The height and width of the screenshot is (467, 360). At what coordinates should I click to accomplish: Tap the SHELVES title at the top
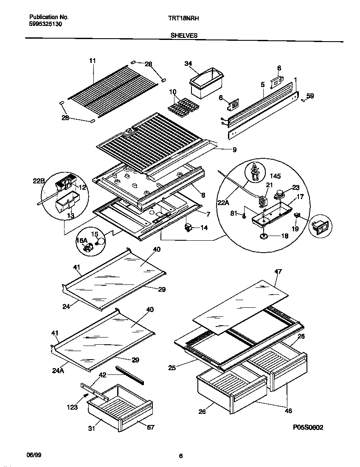coord(184,36)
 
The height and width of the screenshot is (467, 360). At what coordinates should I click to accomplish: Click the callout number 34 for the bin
coord(188,64)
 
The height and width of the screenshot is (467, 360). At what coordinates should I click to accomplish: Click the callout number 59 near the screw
coord(310,96)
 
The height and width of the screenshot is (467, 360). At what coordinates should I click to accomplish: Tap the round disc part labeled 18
coord(264,236)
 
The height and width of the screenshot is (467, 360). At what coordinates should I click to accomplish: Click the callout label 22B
coord(39,182)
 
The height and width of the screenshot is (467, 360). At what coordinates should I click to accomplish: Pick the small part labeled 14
coord(188,228)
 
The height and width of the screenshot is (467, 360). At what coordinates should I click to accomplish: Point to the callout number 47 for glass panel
coord(278,271)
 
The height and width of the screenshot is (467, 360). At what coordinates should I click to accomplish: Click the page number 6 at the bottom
coord(181,456)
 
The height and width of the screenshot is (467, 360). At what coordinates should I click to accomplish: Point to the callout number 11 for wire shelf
coord(93,61)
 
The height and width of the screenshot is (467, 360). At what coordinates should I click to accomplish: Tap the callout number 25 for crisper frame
coord(172,368)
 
